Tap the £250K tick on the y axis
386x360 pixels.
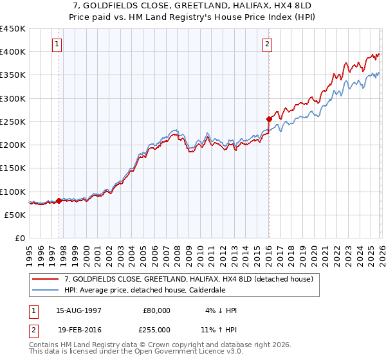pyautogui.click(x=13, y=122)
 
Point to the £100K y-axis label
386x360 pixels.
pyautogui.click(x=13, y=192)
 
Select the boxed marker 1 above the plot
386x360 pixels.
pyautogui.click(x=58, y=44)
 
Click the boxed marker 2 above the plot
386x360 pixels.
pyautogui.click(x=267, y=44)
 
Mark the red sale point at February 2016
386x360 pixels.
pyautogui.click(x=269, y=119)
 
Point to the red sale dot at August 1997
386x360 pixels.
pyautogui.click(x=59, y=201)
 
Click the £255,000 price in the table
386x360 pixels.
pyautogui.click(x=156, y=329)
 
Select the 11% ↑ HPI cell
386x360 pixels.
pyautogui.click(x=218, y=329)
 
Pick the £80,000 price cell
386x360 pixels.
pyautogui.click(x=156, y=310)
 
